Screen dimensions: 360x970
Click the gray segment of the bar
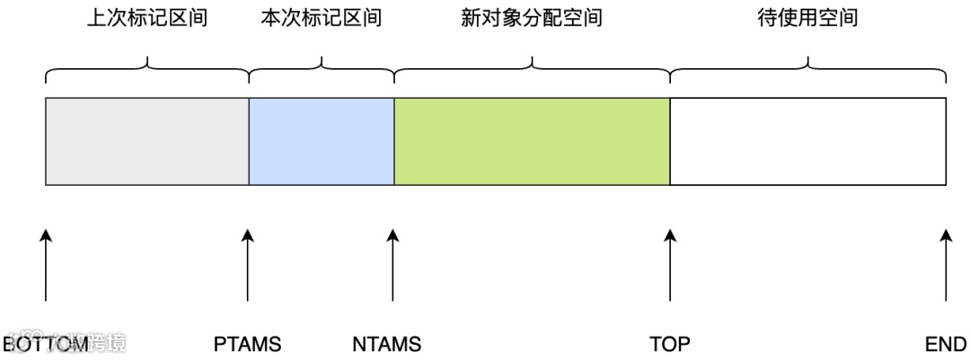(x=147, y=141)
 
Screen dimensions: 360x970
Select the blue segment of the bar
(x=322, y=141)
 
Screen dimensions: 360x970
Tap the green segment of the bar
(x=532, y=141)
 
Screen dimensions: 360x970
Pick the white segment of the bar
(x=807, y=141)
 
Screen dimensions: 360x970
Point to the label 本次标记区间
(x=321, y=19)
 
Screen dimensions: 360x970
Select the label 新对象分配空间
(x=531, y=19)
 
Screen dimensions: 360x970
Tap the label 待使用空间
(x=807, y=19)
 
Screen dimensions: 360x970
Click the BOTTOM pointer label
(x=46, y=344)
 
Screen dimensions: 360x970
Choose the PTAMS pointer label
(x=248, y=344)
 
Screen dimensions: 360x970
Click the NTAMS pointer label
(x=387, y=344)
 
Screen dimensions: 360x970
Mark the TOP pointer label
(x=670, y=344)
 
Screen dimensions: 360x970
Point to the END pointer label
(x=947, y=344)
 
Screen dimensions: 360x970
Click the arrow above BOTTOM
(x=46, y=265)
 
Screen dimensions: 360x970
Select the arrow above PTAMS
(x=248, y=265)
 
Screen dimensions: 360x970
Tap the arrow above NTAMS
(x=392, y=265)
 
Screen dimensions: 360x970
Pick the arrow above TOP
(x=670, y=265)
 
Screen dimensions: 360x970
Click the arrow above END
(x=946, y=265)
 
